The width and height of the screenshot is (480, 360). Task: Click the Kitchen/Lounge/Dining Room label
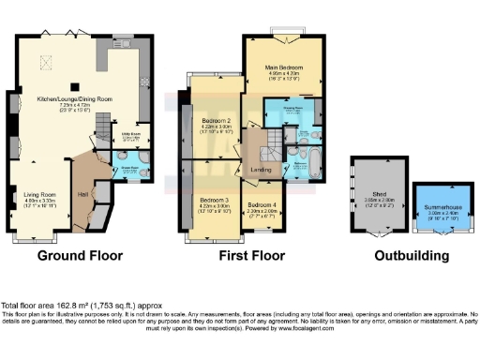(x=75, y=97)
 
